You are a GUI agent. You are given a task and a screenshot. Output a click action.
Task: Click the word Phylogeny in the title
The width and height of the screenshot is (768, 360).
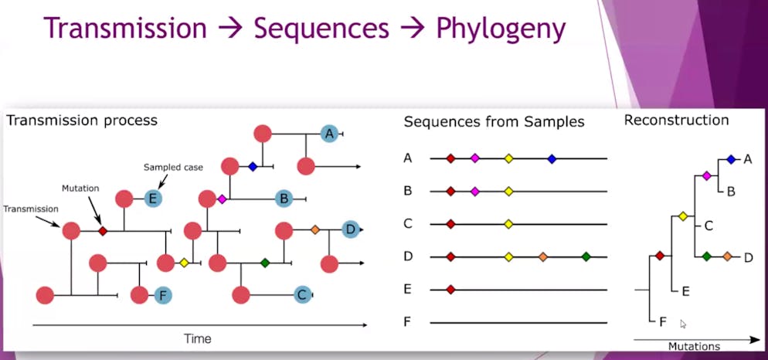tap(501, 29)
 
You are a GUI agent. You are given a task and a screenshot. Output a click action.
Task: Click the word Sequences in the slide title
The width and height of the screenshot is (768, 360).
tap(321, 29)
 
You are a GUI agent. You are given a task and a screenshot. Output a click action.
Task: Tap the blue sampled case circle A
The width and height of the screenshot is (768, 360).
tap(330, 134)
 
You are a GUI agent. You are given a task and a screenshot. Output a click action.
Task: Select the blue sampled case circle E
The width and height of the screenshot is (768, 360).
tap(153, 199)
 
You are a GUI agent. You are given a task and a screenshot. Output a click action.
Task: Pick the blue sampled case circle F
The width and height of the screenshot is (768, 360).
tap(163, 295)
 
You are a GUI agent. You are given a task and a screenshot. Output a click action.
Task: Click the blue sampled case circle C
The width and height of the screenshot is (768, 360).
tap(303, 295)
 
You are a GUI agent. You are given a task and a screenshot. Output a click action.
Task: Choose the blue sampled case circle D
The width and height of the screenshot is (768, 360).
tap(351, 229)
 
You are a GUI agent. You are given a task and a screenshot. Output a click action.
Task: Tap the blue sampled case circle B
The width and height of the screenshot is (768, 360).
tap(284, 199)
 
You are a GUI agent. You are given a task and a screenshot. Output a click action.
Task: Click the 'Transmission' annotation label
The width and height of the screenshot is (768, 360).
tap(30, 209)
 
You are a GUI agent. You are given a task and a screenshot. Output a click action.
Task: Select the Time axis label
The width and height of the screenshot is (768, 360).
tap(198, 338)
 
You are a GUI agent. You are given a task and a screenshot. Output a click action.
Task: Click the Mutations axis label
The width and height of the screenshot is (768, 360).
tap(694, 346)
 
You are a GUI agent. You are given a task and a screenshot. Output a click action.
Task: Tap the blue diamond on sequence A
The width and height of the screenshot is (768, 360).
tap(552, 158)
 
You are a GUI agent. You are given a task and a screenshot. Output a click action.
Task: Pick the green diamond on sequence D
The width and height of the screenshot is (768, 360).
tap(586, 256)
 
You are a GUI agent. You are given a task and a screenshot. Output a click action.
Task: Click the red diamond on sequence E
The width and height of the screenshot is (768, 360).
tap(450, 290)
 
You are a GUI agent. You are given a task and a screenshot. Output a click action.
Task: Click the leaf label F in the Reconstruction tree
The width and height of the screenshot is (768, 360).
tap(663, 322)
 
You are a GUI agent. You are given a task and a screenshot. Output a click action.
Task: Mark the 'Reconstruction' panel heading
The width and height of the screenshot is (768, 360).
tap(676, 120)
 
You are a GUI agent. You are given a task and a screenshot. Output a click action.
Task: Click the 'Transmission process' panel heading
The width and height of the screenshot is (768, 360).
tap(82, 121)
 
